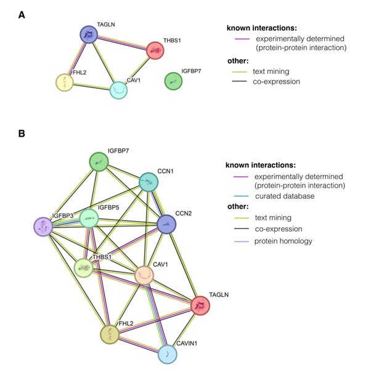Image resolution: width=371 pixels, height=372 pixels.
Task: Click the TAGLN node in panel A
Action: pyautogui.click(x=90, y=35)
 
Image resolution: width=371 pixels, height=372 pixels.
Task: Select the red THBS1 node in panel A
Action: pyautogui.click(x=155, y=50)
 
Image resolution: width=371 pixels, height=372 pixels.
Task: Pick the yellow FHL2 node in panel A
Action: pyautogui.click(x=65, y=82)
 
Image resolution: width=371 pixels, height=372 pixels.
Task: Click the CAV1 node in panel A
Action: pyautogui.click(x=119, y=90)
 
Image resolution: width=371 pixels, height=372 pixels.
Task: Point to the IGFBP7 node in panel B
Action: pyautogui.click(x=99, y=162)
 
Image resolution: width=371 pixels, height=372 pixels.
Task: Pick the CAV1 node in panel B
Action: pyautogui.click(x=144, y=275)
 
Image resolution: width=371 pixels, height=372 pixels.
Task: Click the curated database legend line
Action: pyautogui.click(x=238, y=196)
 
